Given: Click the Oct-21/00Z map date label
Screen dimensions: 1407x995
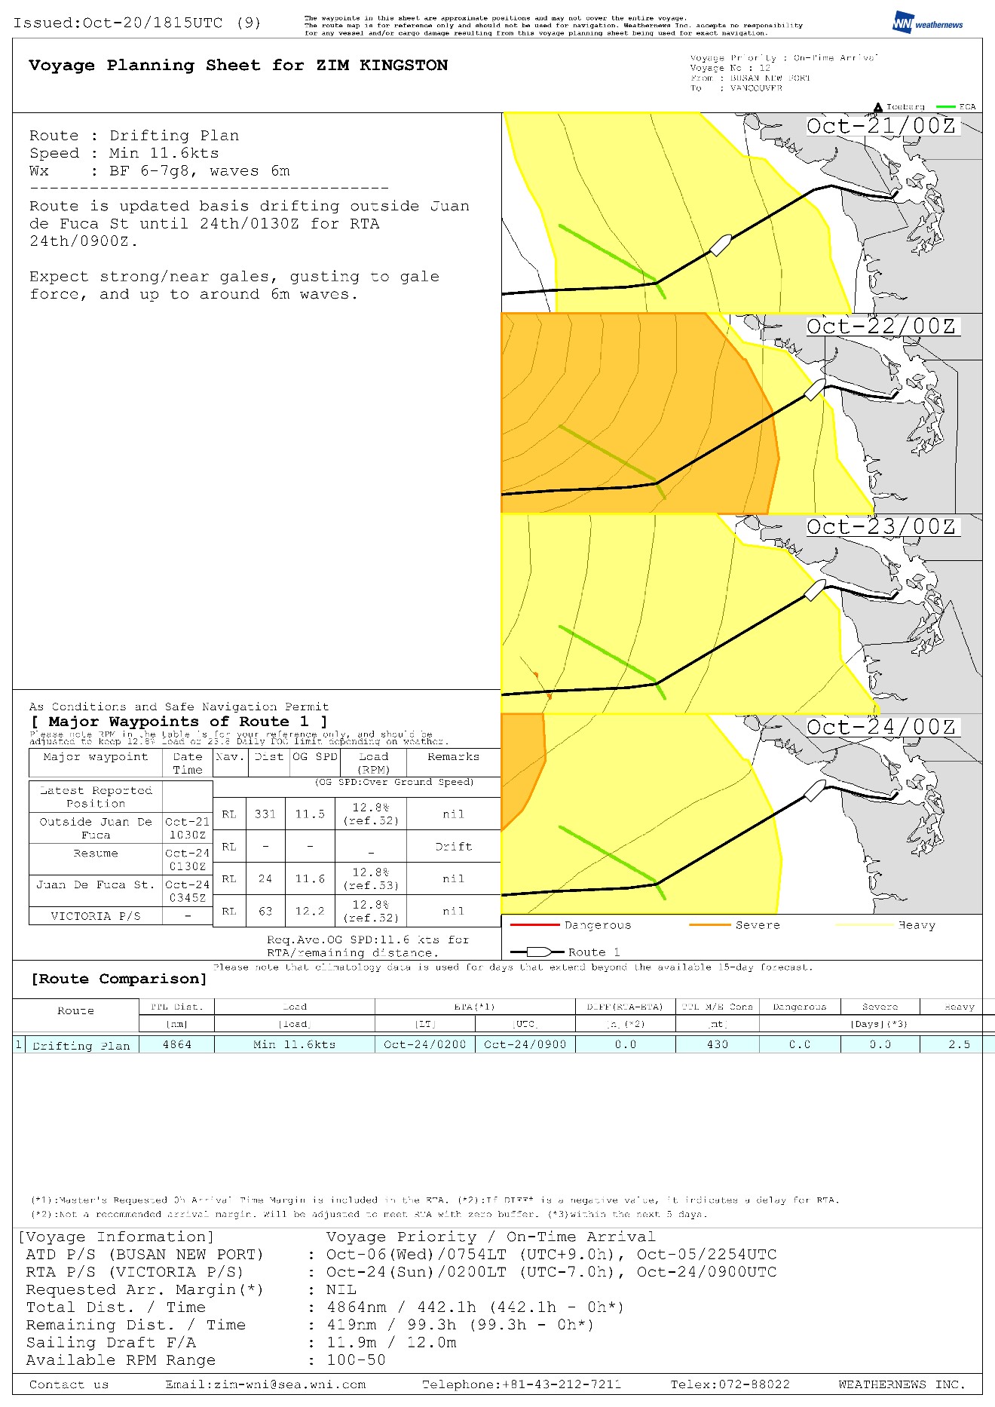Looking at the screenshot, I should (881, 126).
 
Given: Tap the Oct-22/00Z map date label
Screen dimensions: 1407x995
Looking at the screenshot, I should (881, 326).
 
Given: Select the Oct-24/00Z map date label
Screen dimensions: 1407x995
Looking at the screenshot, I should (881, 728).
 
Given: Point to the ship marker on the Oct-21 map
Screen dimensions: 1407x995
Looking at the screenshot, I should (721, 245).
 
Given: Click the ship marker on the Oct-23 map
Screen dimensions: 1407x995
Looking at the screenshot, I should (815, 590).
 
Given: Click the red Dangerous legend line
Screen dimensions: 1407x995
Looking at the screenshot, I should (534, 924).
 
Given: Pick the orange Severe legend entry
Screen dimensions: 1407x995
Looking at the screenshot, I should (735, 925).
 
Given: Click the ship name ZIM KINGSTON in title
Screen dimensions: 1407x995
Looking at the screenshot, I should (381, 66).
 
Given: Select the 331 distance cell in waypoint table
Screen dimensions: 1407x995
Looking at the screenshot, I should (265, 814).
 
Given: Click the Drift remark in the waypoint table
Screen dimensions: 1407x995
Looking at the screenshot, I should (453, 847).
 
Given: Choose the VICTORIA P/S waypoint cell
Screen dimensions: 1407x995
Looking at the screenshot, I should (96, 916).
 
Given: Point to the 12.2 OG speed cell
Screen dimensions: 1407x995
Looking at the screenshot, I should (310, 911).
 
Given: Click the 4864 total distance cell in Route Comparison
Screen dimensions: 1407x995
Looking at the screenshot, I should (177, 1044).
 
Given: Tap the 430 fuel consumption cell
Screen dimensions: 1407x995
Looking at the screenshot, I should (718, 1044).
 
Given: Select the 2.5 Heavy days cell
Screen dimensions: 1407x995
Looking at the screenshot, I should (959, 1044).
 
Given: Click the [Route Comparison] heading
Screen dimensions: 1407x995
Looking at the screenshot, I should (119, 979).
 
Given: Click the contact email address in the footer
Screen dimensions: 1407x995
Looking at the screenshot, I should (265, 1384).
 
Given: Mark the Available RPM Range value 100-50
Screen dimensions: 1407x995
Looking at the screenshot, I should (356, 1360).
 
